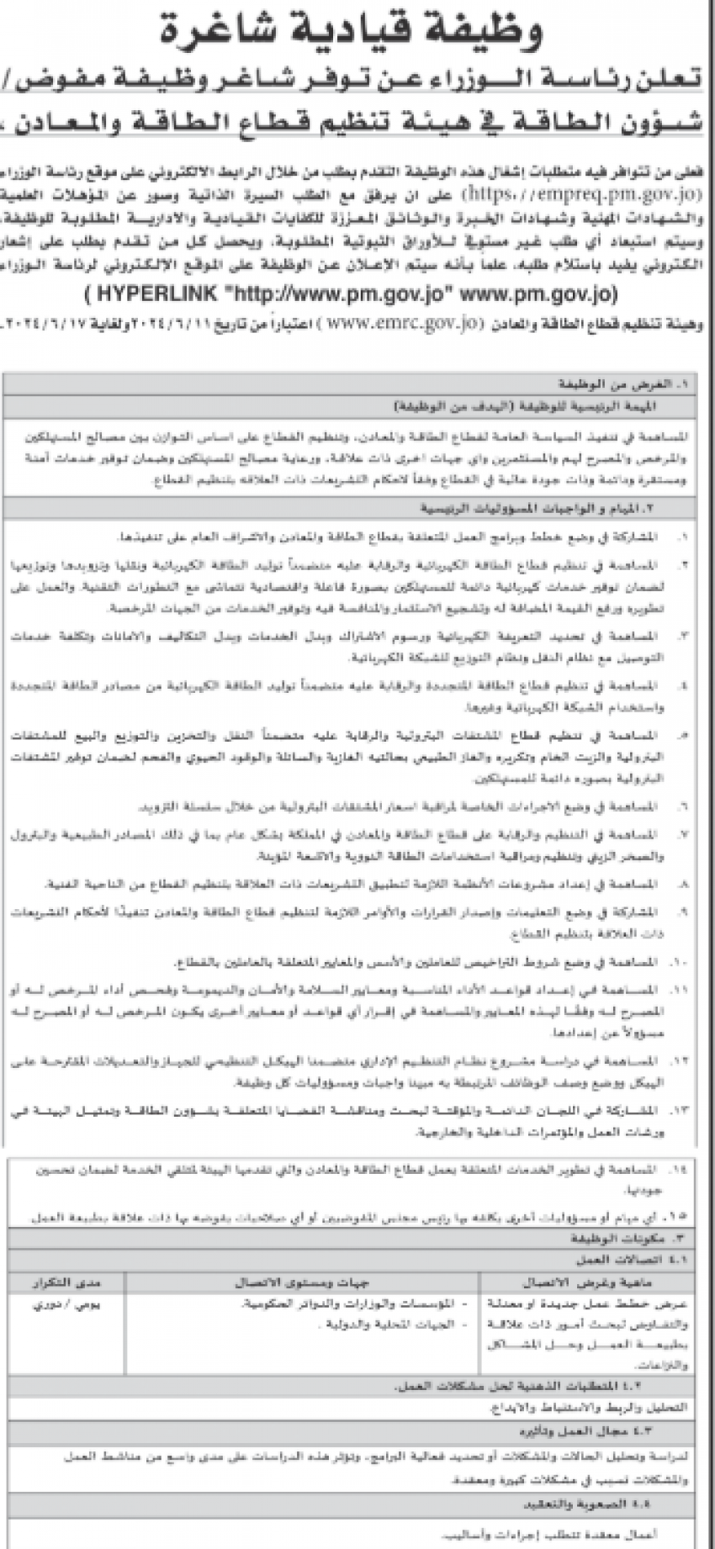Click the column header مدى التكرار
(x=66, y=1282)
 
